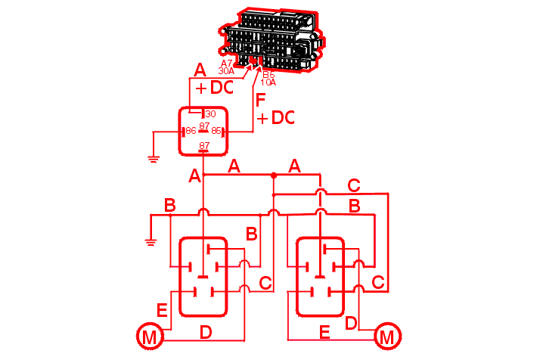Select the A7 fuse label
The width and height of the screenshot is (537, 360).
(227, 63)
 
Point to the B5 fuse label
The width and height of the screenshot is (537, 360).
(268, 75)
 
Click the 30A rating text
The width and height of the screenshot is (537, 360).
(226, 70)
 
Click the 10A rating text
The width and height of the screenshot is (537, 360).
(268, 82)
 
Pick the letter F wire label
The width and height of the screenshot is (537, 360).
(261, 101)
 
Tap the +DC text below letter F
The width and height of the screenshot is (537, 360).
(275, 118)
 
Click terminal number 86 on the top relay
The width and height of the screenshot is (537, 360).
(191, 131)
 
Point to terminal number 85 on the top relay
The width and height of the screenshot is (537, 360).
(216, 131)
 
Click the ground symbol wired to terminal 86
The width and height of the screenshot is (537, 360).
(153, 158)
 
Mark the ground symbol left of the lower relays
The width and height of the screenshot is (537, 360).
(150, 242)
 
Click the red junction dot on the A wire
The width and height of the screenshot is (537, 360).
(274, 175)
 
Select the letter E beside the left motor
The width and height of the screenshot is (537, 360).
(161, 310)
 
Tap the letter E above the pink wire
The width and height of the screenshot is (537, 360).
(324, 331)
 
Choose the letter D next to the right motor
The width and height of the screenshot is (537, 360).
(350, 323)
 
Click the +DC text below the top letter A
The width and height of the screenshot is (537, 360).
(215, 88)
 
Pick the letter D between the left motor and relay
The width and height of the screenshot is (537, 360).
(205, 331)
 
